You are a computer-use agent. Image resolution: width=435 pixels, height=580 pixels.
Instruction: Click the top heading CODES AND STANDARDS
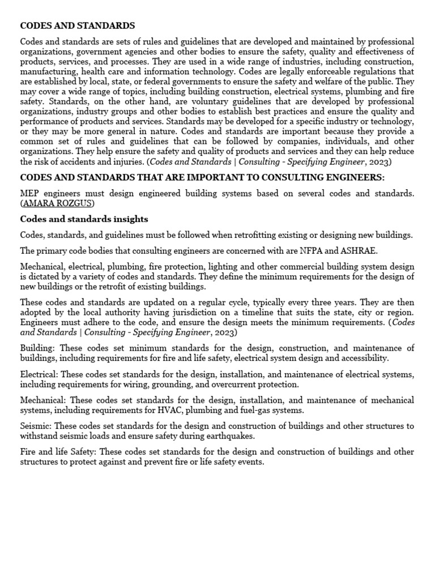(78, 25)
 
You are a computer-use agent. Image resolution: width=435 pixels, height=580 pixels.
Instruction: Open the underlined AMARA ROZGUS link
(58, 203)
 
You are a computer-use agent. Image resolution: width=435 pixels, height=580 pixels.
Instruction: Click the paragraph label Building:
(38, 348)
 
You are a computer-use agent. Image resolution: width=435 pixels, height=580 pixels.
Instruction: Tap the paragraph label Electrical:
(40, 374)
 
